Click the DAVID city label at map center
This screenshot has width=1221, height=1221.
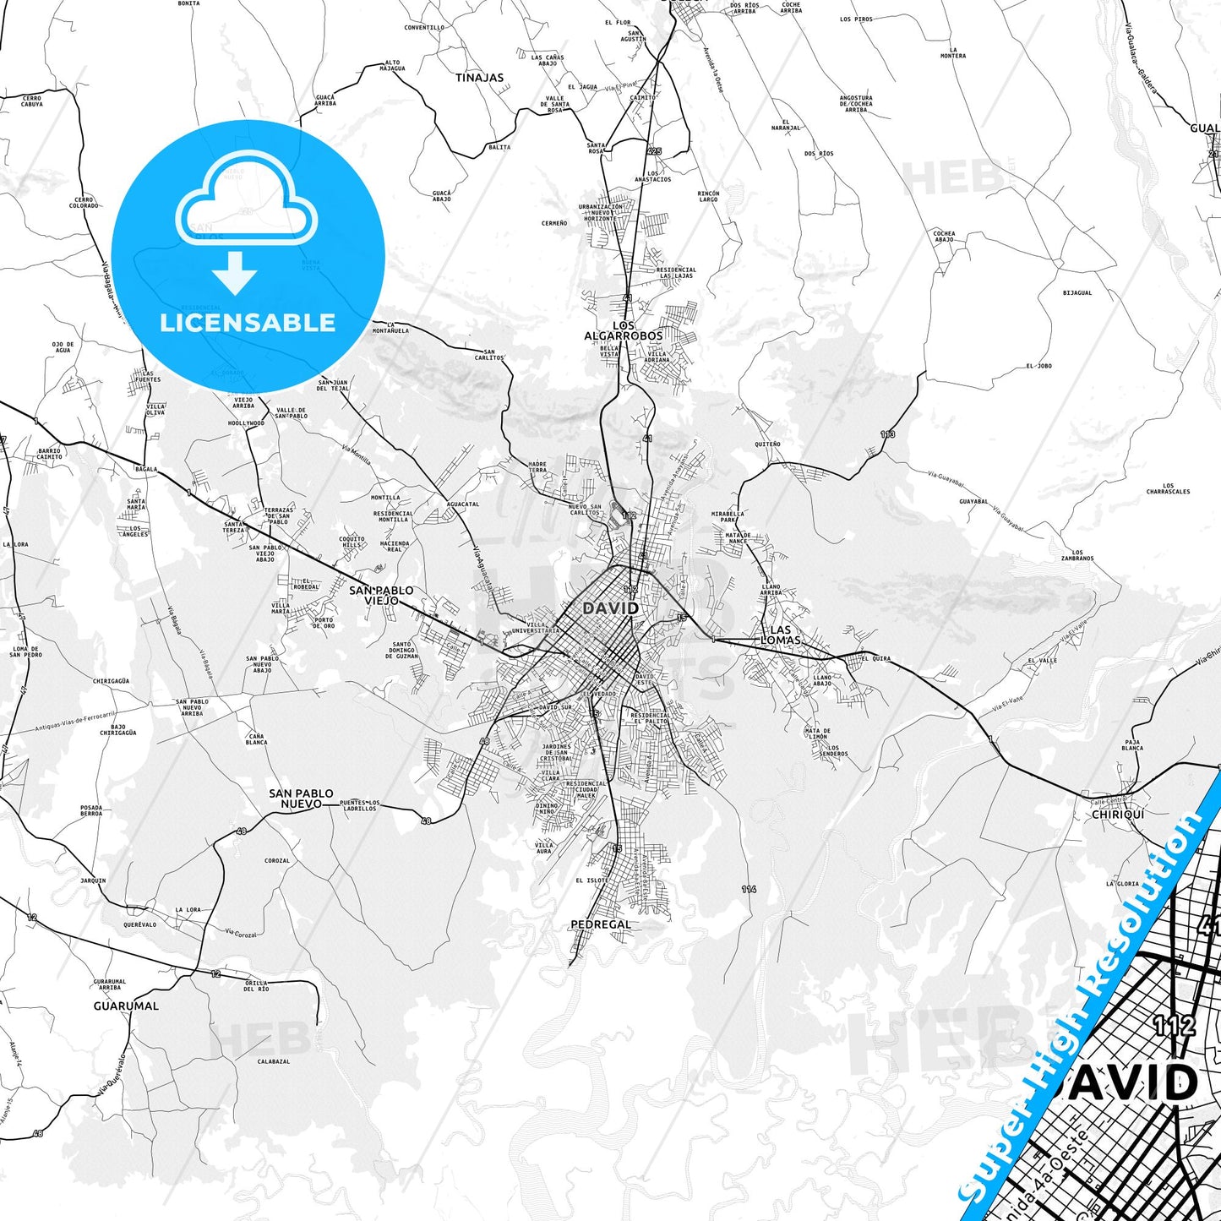(x=610, y=608)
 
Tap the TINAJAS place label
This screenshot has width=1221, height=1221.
(x=479, y=78)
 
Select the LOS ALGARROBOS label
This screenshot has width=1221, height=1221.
(x=624, y=330)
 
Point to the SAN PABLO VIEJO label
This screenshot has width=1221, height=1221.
(x=381, y=595)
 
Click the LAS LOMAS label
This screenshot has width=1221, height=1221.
(x=780, y=635)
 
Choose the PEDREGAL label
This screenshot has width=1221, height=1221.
(x=601, y=924)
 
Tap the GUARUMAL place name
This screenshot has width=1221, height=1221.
(x=126, y=1006)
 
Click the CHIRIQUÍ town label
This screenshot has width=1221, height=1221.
(x=1118, y=815)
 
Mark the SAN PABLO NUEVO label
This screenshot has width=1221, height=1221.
(x=301, y=799)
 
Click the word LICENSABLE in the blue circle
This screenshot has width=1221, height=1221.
(x=248, y=323)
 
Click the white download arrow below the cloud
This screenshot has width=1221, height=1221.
(x=235, y=272)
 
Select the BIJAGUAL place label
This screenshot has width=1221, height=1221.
(x=1077, y=293)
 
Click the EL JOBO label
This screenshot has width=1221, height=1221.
(x=1038, y=366)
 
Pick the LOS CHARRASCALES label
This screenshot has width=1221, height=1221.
(x=1168, y=488)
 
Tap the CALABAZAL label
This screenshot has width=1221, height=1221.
(x=274, y=1061)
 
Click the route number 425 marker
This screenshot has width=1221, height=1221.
(x=654, y=151)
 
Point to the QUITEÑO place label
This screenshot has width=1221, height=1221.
(x=767, y=444)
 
